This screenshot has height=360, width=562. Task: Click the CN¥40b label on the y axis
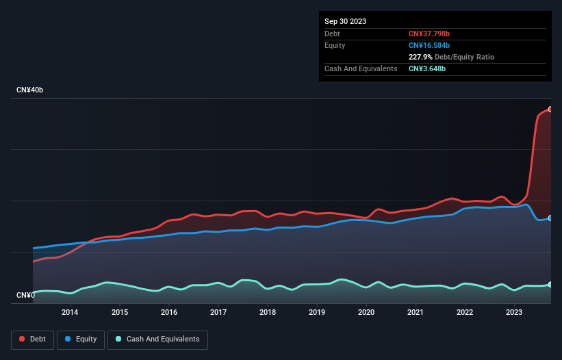[x=29, y=90]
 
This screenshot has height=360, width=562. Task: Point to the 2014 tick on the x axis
[x=69, y=313]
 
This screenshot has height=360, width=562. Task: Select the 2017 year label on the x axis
[x=218, y=313]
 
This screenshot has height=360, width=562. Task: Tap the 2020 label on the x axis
[x=366, y=313]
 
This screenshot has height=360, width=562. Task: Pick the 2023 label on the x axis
[x=514, y=313]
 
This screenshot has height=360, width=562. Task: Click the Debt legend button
[x=31, y=339]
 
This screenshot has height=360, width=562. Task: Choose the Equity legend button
[x=81, y=339]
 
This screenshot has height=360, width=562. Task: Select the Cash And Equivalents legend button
[x=157, y=339]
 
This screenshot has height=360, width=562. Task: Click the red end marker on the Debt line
[x=550, y=110]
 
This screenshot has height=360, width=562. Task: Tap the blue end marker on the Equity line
[x=550, y=218]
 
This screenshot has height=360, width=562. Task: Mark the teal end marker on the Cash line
[x=550, y=285]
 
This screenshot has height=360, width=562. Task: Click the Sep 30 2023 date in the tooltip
[x=345, y=21]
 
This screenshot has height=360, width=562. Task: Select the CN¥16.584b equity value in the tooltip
[x=429, y=45]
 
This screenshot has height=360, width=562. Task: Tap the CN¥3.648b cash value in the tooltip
[x=427, y=68]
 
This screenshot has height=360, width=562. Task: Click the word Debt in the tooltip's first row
[x=332, y=34]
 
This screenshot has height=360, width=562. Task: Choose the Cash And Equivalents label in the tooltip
[x=361, y=68]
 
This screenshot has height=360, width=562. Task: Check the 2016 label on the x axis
[x=168, y=313]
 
